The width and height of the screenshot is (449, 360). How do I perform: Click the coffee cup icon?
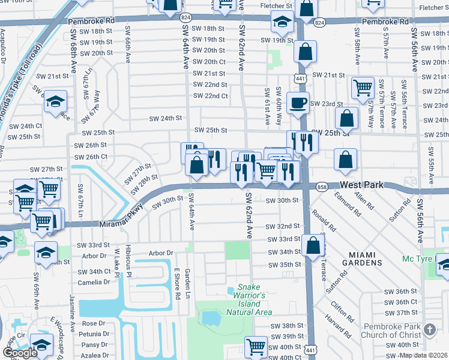[298, 103]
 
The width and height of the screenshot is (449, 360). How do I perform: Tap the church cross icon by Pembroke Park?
[429, 329]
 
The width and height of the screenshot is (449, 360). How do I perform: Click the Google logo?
[20, 353]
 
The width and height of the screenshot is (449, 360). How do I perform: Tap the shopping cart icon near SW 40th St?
[256, 346]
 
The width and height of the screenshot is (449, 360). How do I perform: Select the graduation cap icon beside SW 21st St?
[55, 101]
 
